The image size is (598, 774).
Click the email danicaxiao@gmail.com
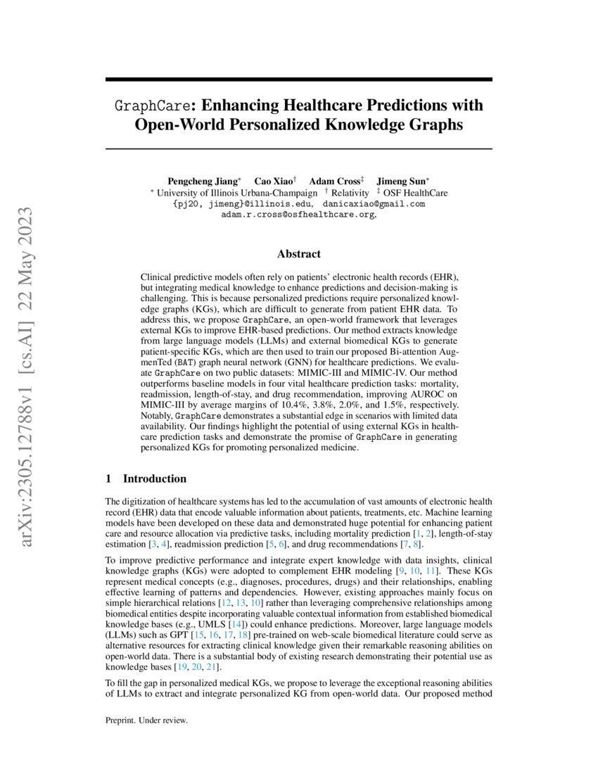[374, 204]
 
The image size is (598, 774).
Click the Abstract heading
[299, 254]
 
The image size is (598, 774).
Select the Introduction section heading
[154, 479]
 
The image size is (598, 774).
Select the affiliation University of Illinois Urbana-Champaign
[237, 192]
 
